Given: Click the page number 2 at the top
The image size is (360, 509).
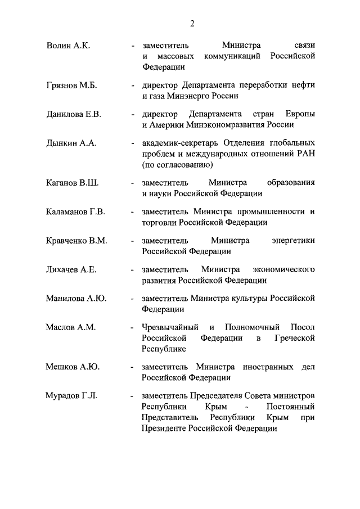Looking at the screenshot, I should point(192,23).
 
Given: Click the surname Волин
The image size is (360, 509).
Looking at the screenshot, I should point(58,45).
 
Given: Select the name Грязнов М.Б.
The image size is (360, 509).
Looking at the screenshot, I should point(71,85).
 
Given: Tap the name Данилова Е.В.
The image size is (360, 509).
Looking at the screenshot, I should point(73,114).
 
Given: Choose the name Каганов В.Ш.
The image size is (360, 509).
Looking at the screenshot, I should point(72,183).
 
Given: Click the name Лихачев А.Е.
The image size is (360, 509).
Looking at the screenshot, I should point(71,269).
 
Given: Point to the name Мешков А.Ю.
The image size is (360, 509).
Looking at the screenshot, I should point(73,367).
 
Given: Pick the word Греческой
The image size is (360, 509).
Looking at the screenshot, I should point(294,338).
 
